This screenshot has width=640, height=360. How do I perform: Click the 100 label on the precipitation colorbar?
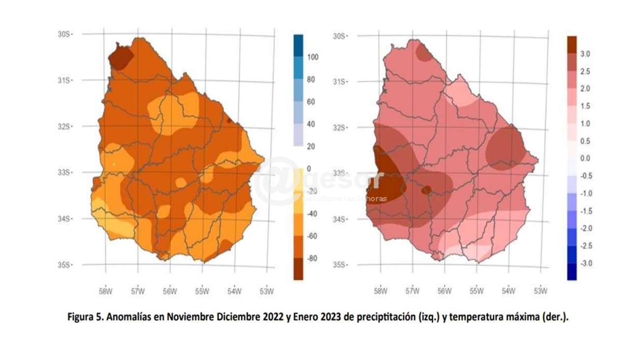click(x=313, y=57)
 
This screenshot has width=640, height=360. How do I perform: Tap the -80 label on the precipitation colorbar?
click(x=312, y=259)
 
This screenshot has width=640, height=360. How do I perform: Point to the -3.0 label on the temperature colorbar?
click(x=586, y=263)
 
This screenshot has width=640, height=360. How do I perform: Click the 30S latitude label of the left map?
click(x=64, y=34)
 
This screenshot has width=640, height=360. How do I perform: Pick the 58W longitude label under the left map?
click(x=105, y=291)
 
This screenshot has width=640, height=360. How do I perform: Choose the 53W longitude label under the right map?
click(x=541, y=291)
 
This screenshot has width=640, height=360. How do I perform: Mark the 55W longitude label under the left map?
click(x=202, y=291)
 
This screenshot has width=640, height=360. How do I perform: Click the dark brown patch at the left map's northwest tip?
click(x=120, y=58)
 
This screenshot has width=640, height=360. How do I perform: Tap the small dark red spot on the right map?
click(x=426, y=190)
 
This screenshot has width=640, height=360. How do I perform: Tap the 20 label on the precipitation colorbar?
click(x=311, y=147)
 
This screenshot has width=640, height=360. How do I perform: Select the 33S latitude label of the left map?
click(x=64, y=173)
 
